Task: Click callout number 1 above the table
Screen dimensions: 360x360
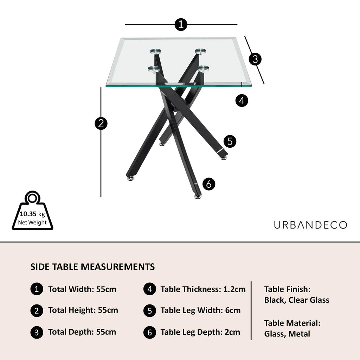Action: click(181, 25)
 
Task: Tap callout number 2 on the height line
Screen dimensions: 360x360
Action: click(101, 123)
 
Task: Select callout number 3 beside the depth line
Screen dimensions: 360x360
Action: click(255, 59)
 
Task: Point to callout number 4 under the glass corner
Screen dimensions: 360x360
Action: click(242, 101)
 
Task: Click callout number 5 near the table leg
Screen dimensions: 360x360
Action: click(230, 142)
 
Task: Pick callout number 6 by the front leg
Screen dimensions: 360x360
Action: click(209, 184)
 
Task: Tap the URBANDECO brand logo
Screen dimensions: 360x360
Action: click(310, 225)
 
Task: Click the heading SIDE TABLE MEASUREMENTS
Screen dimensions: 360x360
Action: click(92, 267)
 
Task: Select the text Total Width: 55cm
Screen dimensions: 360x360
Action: click(82, 289)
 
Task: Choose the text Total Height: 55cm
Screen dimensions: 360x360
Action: click(83, 310)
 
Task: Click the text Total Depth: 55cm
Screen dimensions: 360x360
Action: click(82, 332)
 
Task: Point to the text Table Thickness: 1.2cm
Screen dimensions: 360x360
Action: click(203, 289)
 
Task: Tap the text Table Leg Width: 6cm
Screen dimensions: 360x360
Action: click(200, 310)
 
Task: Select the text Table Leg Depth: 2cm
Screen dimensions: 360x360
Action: click(200, 332)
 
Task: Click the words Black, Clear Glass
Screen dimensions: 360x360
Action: click(297, 300)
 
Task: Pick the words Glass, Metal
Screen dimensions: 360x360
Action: click(287, 334)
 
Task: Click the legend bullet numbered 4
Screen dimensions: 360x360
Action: click(150, 289)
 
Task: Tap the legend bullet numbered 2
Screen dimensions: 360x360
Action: click(37, 310)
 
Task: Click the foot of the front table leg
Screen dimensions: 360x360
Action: click(198, 196)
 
